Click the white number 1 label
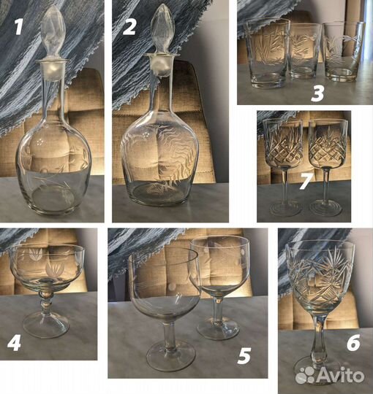(18, 28)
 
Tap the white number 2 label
(129, 27)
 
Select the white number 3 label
(317, 93)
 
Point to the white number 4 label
(14, 343)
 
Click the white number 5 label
(244, 356)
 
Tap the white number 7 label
(306, 181)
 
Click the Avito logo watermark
(330, 374)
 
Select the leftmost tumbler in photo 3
(268, 53)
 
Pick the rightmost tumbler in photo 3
(344, 52)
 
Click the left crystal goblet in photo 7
(283, 167)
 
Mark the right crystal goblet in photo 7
(328, 167)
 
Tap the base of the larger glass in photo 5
(170, 355)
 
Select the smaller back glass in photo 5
(219, 287)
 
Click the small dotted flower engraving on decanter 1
(39, 142)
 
